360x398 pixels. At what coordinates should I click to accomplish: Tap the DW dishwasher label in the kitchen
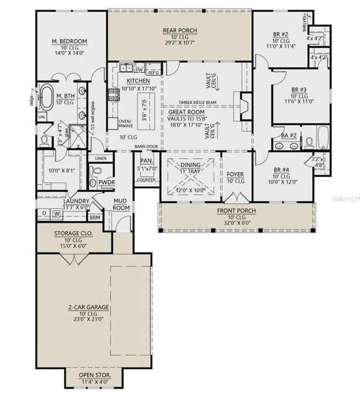pos(139,70)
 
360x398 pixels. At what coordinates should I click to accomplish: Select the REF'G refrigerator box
pos(153,72)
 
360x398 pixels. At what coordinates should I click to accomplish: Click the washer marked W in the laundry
pos(57,213)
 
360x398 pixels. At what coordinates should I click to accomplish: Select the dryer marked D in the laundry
pos(44,213)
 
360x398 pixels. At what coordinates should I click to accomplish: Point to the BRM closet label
pos(96,217)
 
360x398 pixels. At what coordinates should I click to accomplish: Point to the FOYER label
pos(236,174)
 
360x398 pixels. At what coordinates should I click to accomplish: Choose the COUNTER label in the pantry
pos(146,180)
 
